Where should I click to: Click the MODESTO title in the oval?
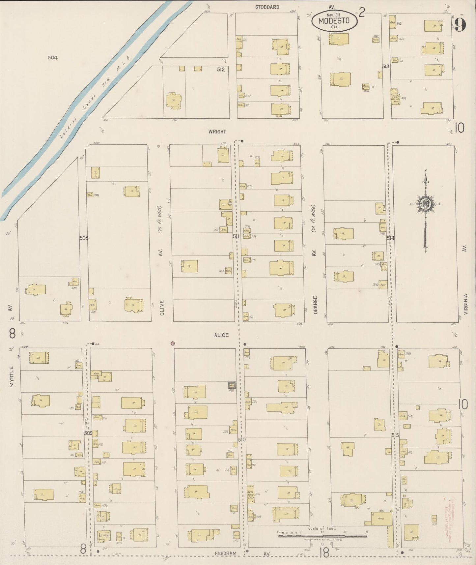tap(334, 21)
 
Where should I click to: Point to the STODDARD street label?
tap(267, 7)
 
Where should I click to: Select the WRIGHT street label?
tap(217, 132)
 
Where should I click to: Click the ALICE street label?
tap(221, 335)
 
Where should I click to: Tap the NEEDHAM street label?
tap(226, 553)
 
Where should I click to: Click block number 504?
tap(53, 58)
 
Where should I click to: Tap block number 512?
tap(221, 70)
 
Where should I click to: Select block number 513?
tap(386, 66)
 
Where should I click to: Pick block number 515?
tap(395, 435)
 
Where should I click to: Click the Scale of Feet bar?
tap(322, 536)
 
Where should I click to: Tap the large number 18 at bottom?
tap(324, 553)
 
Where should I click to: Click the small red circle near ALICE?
tap(173, 343)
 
